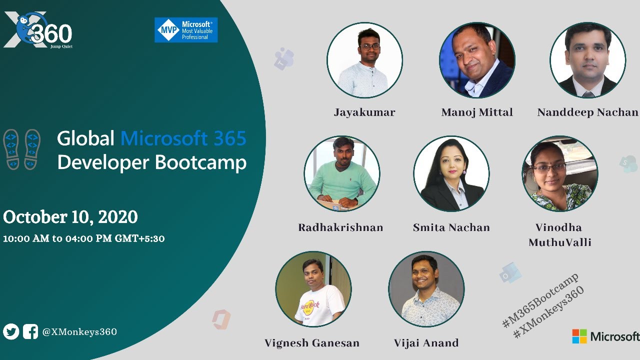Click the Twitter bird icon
pyautogui.click(x=11, y=331)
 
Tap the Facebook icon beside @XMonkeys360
pyautogui.click(x=30, y=331)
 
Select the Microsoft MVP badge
pyautogui.click(x=186, y=30)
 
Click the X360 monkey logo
pyautogui.click(x=38, y=30)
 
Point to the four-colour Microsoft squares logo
pyautogui.click(x=579, y=336)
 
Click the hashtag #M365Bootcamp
pyautogui.click(x=540, y=300)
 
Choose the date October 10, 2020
pyautogui.click(x=70, y=217)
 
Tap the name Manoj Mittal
pyautogui.click(x=477, y=112)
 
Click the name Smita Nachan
pyautogui.click(x=451, y=227)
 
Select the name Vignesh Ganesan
pyautogui.click(x=312, y=343)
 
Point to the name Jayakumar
pyautogui.click(x=364, y=112)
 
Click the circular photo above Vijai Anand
pyautogui.click(x=426, y=289)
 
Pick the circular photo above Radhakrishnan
pyautogui.click(x=342, y=173)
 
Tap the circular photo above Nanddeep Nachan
pyautogui.click(x=587, y=60)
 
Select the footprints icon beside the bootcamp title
pyautogui.click(x=21, y=149)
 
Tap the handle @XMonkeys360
pyautogui.click(x=79, y=332)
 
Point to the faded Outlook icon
pyautogui.click(x=510, y=273)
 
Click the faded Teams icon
pyautogui.click(x=283, y=59)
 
